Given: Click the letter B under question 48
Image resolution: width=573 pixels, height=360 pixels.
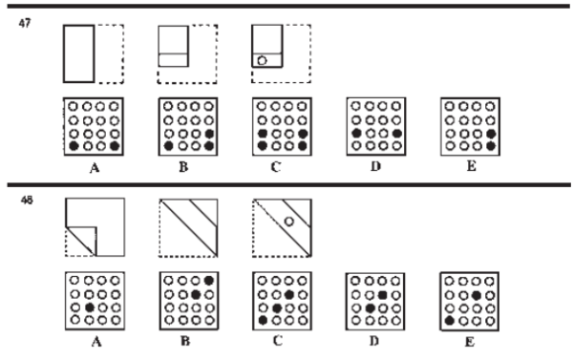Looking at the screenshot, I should coord(185,338).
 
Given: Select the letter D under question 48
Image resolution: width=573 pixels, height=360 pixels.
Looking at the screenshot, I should coord(374,338).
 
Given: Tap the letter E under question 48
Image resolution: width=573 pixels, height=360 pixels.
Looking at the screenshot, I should coord(468,338).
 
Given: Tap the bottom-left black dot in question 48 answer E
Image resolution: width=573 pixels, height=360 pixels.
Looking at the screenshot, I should coord(448,320).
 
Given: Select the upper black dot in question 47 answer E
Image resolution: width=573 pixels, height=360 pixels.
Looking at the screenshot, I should coord(490,134).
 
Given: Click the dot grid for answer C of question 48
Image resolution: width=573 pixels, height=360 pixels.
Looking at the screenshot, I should coord(279,300).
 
